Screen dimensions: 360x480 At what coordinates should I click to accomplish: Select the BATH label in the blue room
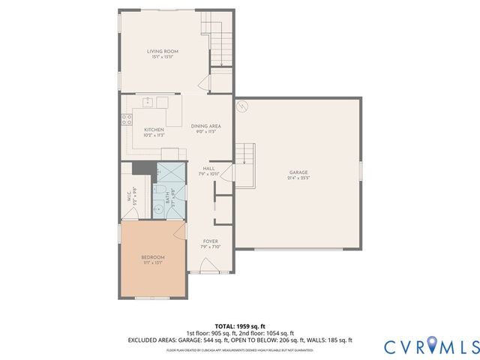pos(166,197)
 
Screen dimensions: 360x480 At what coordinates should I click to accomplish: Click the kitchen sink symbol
pos(148,100)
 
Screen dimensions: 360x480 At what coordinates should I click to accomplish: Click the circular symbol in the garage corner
pos(242,107)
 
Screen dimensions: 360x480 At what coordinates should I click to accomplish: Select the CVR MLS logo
pos(430,346)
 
